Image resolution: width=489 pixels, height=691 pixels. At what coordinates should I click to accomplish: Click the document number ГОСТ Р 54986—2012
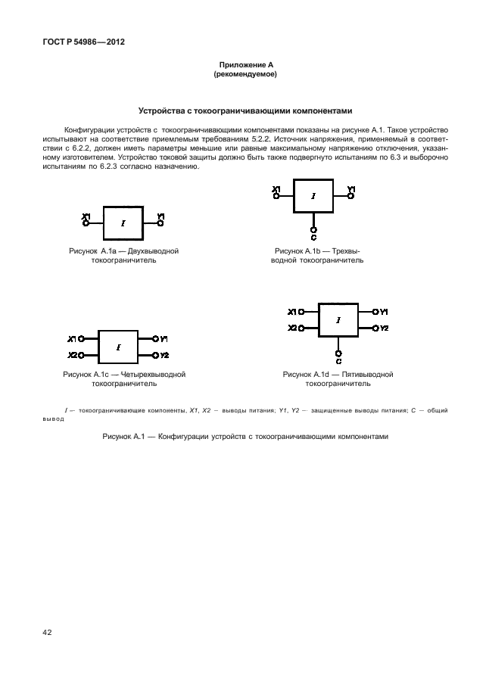(x=78, y=42)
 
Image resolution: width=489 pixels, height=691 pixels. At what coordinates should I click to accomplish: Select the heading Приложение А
(x=244, y=67)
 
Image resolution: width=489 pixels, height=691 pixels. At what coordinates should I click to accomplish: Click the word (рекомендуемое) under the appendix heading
(x=244, y=76)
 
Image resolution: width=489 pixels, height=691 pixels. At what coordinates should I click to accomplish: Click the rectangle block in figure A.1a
(x=123, y=223)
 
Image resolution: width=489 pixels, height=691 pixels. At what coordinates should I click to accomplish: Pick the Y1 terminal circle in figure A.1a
(x=160, y=223)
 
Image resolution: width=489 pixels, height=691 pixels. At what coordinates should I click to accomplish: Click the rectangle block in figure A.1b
(x=313, y=196)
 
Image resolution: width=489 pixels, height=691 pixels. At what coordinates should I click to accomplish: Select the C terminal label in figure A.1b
(x=313, y=236)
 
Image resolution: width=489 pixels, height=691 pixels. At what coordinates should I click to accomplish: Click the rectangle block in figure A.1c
(x=118, y=347)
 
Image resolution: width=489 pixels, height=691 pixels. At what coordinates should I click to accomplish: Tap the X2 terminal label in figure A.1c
(x=72, y=355)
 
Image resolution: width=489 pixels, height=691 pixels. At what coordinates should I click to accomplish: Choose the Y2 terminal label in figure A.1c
(x=164, y=355)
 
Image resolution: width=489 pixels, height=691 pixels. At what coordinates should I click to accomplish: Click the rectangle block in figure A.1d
(x=338, y=320)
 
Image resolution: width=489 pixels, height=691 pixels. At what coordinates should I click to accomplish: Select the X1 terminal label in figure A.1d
(x=292, y=312)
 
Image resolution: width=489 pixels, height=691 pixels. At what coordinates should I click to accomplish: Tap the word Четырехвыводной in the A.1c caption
(x=152, y=374)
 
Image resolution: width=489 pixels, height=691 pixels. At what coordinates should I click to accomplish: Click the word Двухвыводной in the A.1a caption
(x=154, y=250)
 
